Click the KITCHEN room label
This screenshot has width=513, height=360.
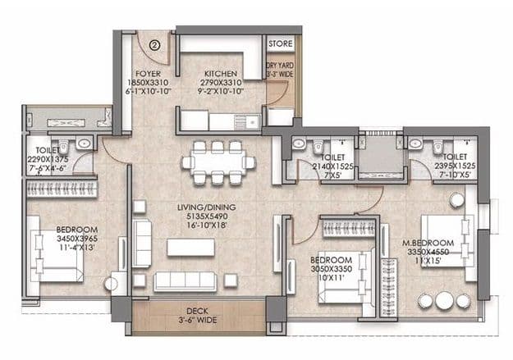click(220, 72)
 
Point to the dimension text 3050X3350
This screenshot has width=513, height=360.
click(332, 268)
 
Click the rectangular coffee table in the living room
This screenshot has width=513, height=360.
click(190, 247)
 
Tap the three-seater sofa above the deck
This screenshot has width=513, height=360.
click(186, 280)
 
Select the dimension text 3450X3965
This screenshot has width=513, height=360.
click(55, 239)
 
